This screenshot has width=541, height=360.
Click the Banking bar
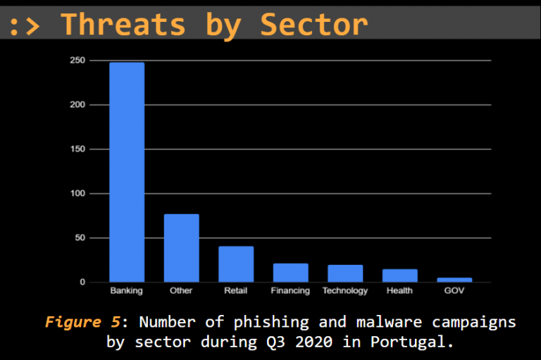[127, 172]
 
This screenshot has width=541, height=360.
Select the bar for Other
[181, 248]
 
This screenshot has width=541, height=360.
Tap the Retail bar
[236, 264]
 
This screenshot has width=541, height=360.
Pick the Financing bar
[290, 273]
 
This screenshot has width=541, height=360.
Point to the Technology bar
[345, 273]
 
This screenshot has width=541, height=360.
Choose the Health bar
[399, 275]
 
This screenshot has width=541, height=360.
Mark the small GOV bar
[454, 280]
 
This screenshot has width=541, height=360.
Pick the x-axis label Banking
[127, 291]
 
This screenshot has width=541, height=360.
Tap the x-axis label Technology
[345, 291]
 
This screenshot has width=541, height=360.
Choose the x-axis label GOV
[454, 291]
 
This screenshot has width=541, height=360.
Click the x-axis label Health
[399, 291]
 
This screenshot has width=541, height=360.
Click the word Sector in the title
[314, 24]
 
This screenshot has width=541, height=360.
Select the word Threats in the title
[123, 24]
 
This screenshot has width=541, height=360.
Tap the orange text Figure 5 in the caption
[82, 323]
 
